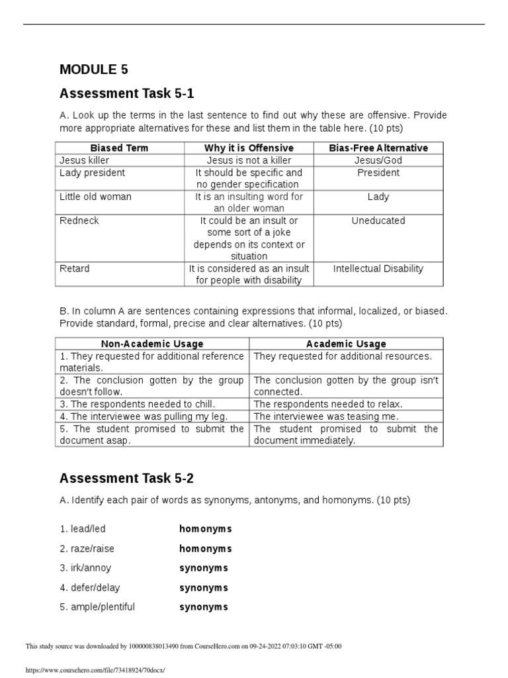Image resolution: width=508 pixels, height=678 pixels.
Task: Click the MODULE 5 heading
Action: coord(94,69)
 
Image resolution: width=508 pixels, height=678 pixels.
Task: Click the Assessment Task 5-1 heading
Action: coord(127,93)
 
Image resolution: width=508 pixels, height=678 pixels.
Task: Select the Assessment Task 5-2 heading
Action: coord(127,477)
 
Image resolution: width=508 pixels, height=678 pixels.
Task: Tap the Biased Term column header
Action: coord(120,148)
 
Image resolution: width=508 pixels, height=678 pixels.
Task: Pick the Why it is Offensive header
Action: coord(249,148)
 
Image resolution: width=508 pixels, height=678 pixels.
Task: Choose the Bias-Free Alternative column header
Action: coord(378,148)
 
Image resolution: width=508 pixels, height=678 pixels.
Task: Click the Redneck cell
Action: coord(79,220)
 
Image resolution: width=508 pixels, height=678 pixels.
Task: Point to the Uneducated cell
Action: coord(378,220)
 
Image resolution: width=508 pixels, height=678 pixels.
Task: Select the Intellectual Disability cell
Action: coord(378,269)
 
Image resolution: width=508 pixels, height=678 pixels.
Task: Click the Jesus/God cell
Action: coord(378,160)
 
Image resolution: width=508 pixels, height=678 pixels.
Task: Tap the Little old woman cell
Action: coord(95,197)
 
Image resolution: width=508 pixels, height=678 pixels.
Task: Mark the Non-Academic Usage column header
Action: coord(152,344)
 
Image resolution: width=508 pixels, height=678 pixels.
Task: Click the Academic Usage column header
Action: coord(346,344)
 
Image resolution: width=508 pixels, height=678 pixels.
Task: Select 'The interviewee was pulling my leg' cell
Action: coord(144,416)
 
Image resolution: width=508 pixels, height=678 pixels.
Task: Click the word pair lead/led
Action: coord(83,529)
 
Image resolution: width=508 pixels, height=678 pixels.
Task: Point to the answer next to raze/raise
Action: coord(205,549)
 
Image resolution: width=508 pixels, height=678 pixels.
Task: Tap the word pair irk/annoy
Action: coord(85,568)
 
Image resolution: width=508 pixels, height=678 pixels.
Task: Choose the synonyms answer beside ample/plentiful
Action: coord(203,607)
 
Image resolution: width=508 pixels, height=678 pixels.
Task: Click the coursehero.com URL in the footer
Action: coord(94,670)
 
